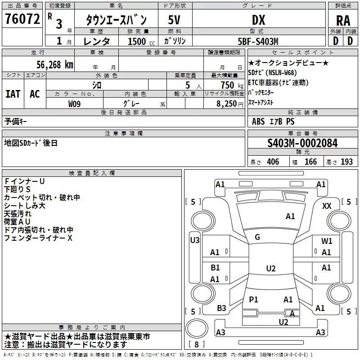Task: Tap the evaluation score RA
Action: (343, 20)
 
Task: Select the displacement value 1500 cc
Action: (137, 41)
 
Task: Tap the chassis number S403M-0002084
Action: (302, 143)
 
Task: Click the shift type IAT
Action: (13, 94)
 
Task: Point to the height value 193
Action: (346, 162)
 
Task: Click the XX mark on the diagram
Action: (327, 206)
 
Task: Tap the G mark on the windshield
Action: (257, 237)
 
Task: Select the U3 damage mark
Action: (194, 240)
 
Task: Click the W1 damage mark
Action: (327, 241)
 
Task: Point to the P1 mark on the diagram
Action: (253, 299)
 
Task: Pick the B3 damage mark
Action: (221, 308)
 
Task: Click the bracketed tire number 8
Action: (196, 345)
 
